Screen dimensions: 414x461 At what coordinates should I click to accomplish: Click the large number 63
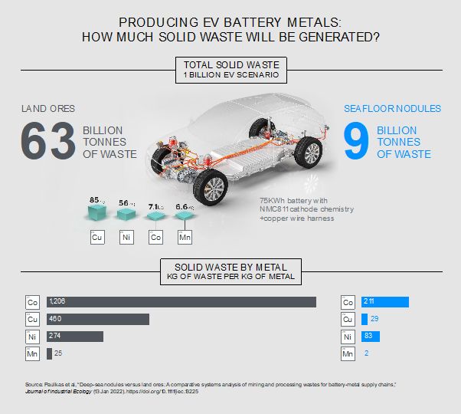pyautogui.click(x=47, y=141)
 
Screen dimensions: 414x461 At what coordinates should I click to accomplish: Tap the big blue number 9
pyautogui.click(x=356, y=143)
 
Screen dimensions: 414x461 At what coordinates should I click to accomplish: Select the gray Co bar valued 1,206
pyautogui.click(x=181, y=301)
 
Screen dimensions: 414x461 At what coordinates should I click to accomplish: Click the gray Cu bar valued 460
pyautogui.click(x=98, y=319)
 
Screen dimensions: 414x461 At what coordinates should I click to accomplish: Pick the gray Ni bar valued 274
pyautogui.click(x=75, y=336)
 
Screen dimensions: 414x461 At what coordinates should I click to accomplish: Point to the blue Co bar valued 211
pyautogui.click(x=385, y=301)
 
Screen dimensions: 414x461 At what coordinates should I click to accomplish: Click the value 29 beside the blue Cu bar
pyautogui.click(x=375, y=319)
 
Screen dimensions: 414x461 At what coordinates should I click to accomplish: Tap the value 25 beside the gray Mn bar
pyautogui.click(x=59, y=353)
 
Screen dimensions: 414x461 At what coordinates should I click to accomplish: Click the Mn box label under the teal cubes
pyautogui.click(x=185, y=238)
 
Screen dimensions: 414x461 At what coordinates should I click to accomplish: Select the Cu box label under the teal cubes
pyautogui.click(x=97, y=238)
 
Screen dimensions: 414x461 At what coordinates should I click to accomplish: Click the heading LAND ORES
pyautogui.click(x=47, y=109)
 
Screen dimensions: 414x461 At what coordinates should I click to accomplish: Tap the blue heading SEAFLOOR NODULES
pyautogui.click(x=392, y=109)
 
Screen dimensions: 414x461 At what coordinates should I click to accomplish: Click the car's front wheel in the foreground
pyautogui.click(x=214, y=186)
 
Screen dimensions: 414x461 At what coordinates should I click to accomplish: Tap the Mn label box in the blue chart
pyautogui.click(x=348, y=353)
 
